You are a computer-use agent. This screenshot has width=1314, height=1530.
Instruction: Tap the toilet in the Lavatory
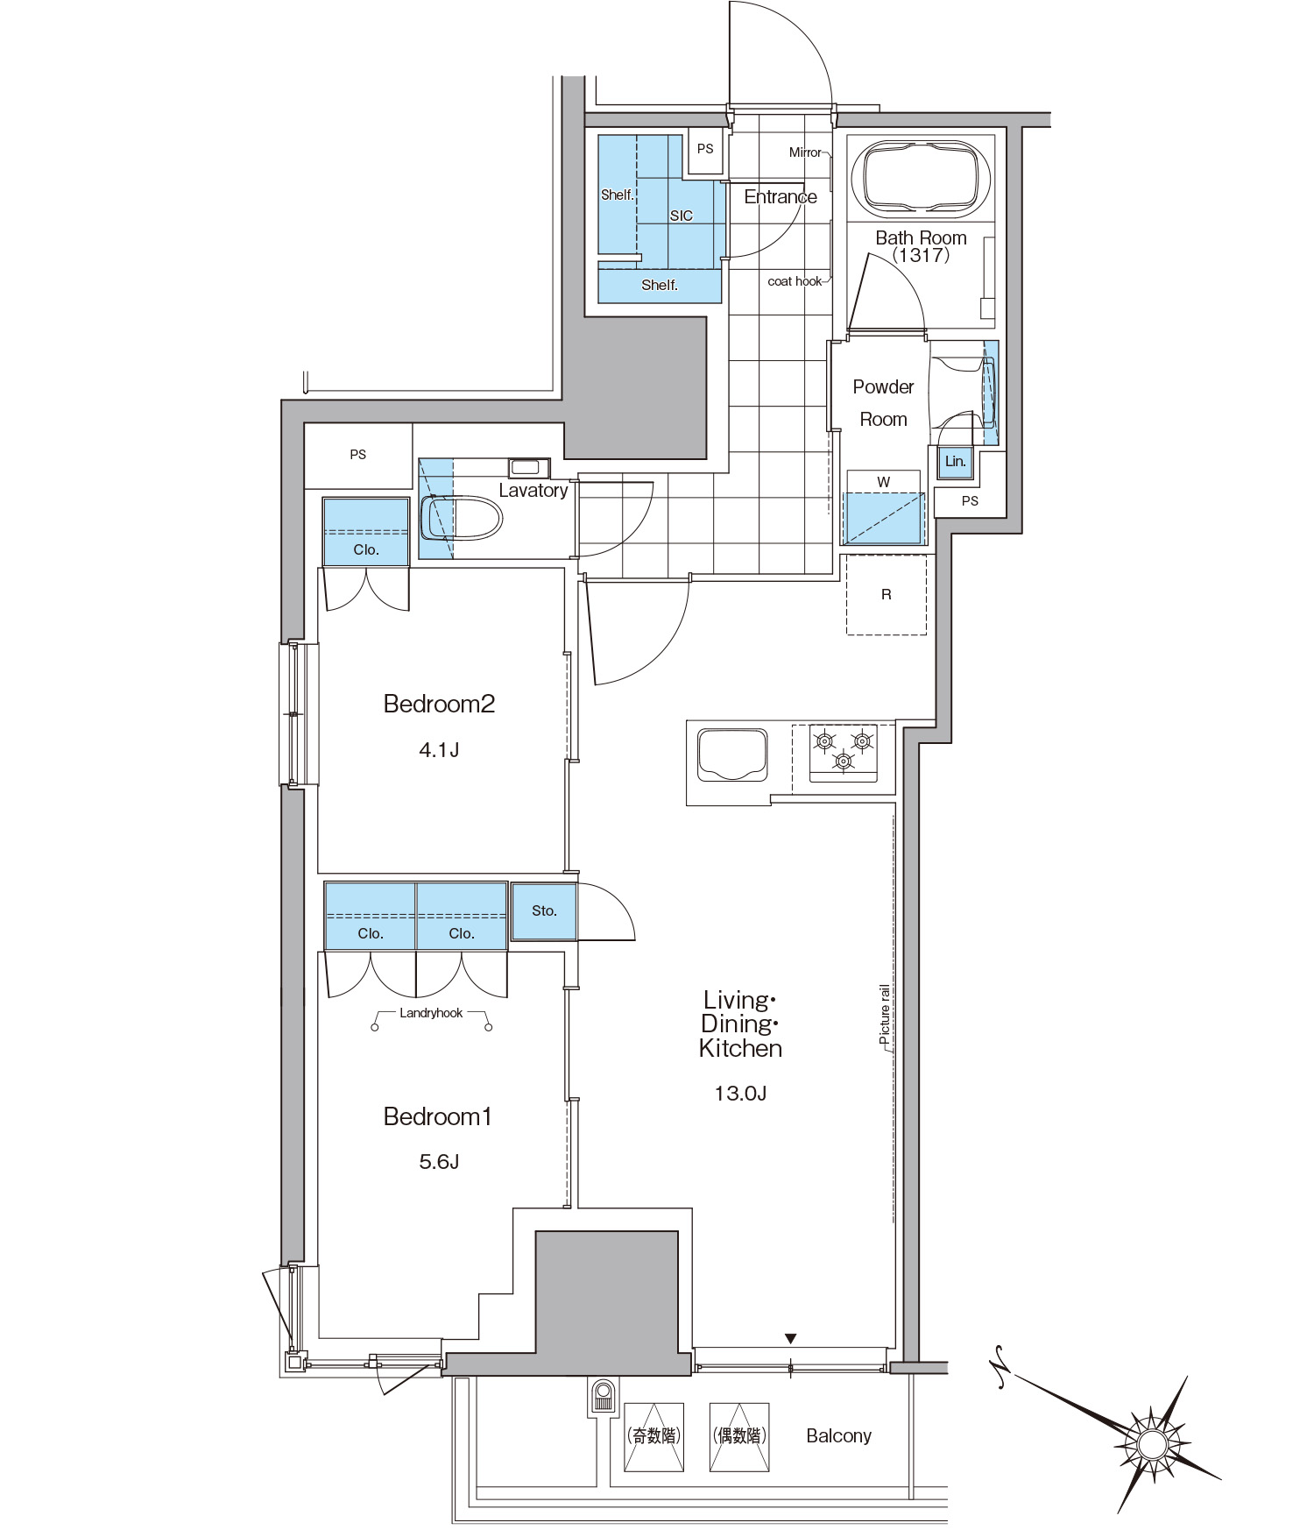(461, 518)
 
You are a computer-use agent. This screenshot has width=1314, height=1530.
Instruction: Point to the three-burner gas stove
(844, 752)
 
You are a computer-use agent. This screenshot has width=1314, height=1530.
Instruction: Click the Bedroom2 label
(439, 704)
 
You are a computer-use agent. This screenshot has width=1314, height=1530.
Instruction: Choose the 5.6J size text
(439, 1162)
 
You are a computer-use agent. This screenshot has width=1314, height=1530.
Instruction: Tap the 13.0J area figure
(740, 1093)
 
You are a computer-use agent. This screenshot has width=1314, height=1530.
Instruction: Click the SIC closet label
(682, 216)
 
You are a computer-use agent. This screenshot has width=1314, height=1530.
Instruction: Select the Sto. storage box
(544, 911)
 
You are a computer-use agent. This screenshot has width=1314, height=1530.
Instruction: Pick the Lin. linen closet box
(955, 462)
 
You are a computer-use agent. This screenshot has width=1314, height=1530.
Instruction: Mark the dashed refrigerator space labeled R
(887, 594)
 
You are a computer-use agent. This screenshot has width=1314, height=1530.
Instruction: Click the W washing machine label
(884, 482)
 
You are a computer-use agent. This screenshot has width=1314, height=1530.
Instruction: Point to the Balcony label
(838, 1435)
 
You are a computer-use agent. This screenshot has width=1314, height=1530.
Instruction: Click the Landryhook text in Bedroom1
(431, 1013)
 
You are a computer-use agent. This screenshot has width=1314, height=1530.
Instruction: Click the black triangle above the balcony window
(790, 1338)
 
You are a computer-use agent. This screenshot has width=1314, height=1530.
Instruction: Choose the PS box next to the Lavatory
(358, 455)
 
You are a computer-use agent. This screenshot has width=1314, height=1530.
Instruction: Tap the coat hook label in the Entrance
(795, 281)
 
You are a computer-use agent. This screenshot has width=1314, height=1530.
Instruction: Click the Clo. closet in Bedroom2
(366, 532)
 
